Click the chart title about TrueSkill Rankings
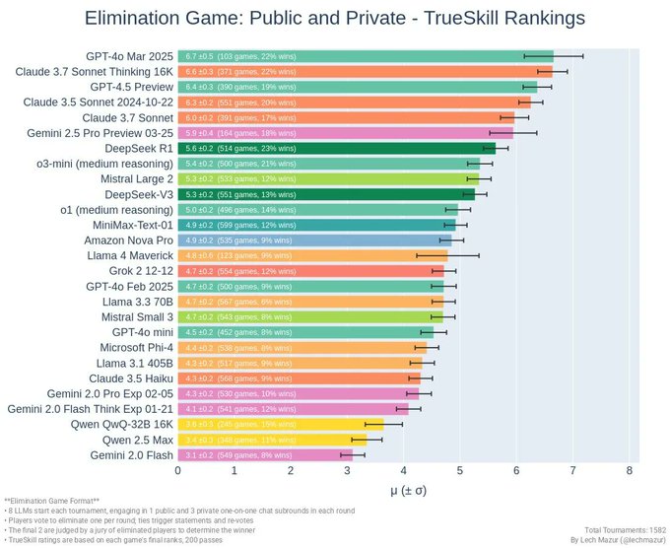(x=335, y=18)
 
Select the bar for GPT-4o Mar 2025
(x=365, y=56)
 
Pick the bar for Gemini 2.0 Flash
(x=265, y=454)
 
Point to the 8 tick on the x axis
(x=629, y=471)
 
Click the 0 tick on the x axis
(x=178, y=471)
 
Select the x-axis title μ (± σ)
(x=405, y=490)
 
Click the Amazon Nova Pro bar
(x=315, y=240)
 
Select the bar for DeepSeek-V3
(x=326, y=194)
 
